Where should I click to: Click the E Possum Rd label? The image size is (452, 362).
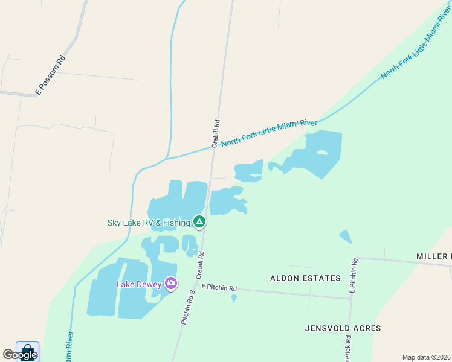(51, 75)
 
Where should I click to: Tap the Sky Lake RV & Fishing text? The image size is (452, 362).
(149, 223)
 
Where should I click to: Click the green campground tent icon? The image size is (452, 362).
(199, 222)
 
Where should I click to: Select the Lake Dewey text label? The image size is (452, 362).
(139, 284)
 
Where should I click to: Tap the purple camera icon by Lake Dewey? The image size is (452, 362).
(171, 283)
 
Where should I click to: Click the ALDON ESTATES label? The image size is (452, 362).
(305, 278)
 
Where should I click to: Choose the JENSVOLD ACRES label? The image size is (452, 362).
(343, 328)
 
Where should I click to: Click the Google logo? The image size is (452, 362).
(20, 354)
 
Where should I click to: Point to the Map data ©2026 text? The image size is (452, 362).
(426, 357)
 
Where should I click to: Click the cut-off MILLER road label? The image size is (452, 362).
(434, 256)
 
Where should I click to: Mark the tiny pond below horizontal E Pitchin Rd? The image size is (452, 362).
(234, 298)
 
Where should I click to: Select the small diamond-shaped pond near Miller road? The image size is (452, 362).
(345, 237)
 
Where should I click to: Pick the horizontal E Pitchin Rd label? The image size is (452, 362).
(219, 288)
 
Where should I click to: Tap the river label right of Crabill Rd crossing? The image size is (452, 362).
(269, 133)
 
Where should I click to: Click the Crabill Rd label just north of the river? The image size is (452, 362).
(216, 133)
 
